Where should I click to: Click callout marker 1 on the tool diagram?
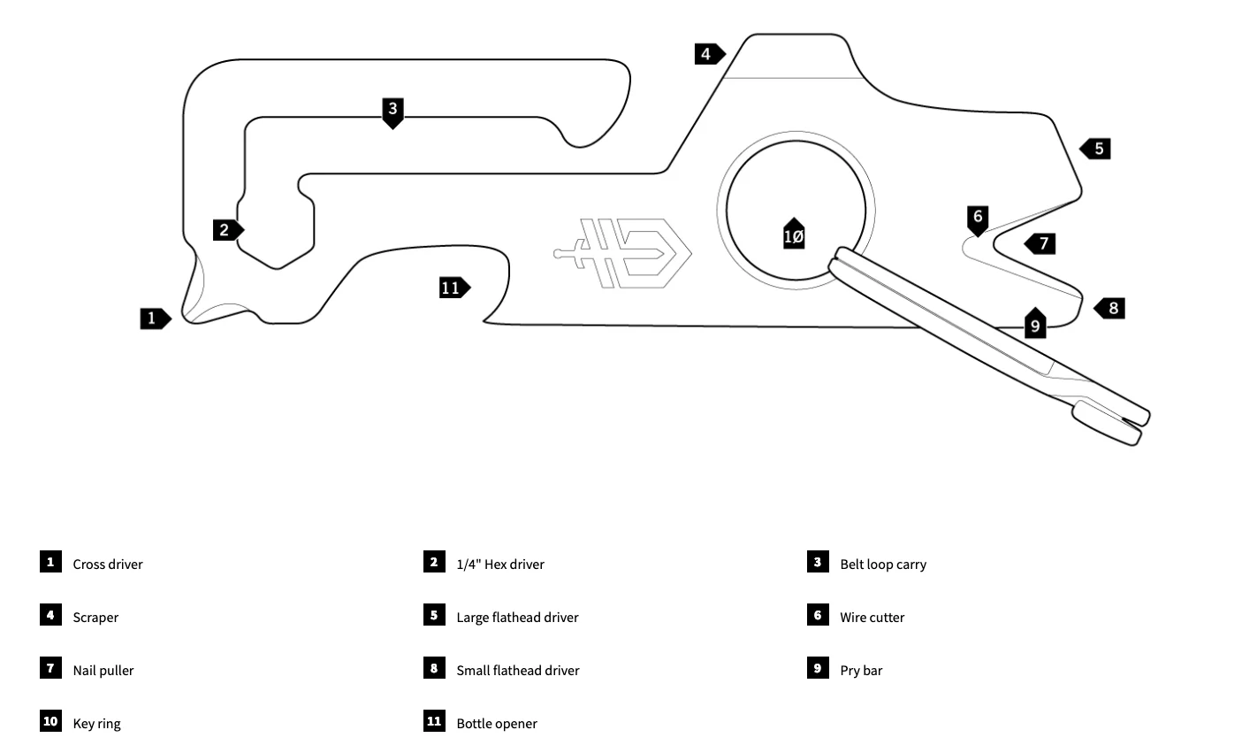coord(155,318)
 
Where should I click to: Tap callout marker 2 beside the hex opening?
coord(227,230)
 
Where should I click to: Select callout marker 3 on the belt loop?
coord(393,111)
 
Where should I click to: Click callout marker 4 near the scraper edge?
coord(708,54)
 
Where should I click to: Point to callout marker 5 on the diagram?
coord(1096,149)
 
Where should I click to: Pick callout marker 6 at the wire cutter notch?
coord(977,219)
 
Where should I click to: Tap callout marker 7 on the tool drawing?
coord(1041,243)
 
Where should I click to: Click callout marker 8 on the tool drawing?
coord(1111,308)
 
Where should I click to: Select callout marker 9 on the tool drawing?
coord(1035,324)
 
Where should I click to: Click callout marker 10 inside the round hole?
coord(794,234)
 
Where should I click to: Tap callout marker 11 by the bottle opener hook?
coord(453,287)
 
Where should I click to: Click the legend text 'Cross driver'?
coord(108,565)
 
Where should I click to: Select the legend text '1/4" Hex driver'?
coord(500,565)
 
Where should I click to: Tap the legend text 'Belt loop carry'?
coord(883,565)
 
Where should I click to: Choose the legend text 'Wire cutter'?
coord(872,618)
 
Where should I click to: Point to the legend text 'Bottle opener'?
coord(497,724)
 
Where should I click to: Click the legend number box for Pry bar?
coord(818,668)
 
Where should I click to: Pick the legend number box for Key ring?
coord(50,721)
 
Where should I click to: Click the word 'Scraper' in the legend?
coord(95,618)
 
